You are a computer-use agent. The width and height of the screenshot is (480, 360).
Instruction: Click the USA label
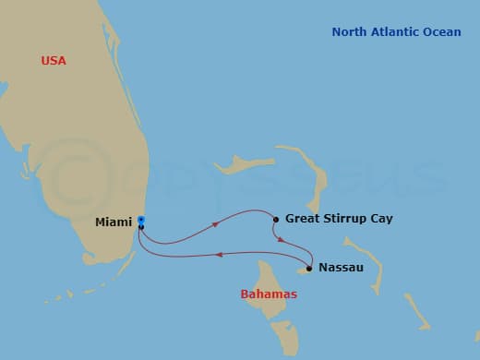[x=54, y=61]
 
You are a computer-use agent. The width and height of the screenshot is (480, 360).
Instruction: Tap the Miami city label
[x=114, y=222]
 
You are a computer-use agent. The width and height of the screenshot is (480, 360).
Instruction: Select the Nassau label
[x=341, y=268]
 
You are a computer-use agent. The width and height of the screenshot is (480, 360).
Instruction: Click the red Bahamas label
[x=269, y=294]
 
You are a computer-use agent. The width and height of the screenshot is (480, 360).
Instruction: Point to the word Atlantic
[x=396, y=32]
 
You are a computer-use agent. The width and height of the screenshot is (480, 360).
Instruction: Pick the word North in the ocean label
[x=351, y=32]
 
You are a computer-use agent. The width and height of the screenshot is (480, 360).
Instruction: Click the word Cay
[x=381, y=219]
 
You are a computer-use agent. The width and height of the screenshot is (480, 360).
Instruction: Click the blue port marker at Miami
[x=140, y=220]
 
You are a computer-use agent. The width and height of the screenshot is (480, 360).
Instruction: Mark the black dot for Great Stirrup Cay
[x=275, y=219]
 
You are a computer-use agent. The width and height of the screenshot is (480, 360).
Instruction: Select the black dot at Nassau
[x=309, y=269]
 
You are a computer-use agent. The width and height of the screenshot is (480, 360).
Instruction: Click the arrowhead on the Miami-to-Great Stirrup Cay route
[x=216, y=223]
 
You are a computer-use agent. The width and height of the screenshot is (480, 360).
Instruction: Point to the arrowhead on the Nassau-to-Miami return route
[x=218, y=254]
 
